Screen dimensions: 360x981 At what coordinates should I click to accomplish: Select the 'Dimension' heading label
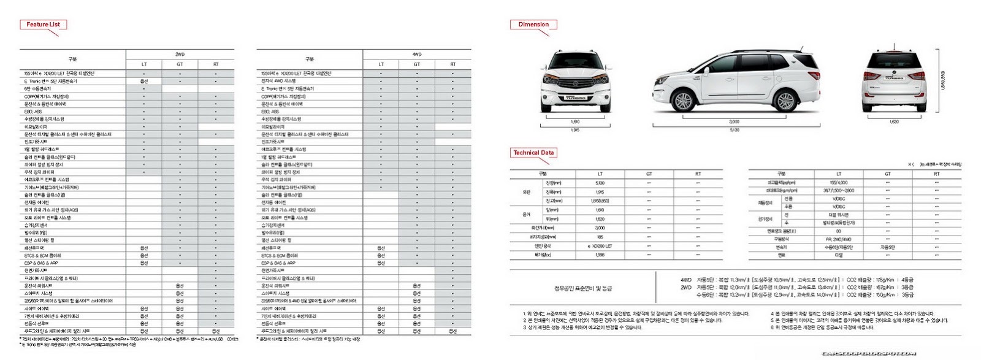[533, 25]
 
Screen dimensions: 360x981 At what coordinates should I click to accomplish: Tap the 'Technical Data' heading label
[533, 153]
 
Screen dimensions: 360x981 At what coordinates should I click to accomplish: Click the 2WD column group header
[180, 55]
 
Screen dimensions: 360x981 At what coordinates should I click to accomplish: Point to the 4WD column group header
[417, 55]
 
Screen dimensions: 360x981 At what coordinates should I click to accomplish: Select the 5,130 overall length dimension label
[734, 130]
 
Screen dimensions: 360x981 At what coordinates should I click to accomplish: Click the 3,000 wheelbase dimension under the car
[734, 121]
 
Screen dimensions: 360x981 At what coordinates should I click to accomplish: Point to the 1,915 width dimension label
[575, 130]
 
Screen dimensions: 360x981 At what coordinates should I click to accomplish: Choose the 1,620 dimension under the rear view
[894, 121]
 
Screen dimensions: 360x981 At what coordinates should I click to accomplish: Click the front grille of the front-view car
[575, 86]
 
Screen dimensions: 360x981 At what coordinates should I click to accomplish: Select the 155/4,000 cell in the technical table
[839, 183]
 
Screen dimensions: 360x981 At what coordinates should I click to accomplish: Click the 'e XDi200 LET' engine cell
[600, 246]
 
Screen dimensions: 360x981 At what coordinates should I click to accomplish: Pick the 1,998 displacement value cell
[600, 255]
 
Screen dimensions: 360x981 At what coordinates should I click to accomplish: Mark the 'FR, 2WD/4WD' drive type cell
[839, 239]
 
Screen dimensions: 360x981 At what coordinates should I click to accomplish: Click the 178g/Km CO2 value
[881, 279]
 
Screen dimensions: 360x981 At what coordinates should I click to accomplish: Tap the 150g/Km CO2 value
[881, 295]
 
